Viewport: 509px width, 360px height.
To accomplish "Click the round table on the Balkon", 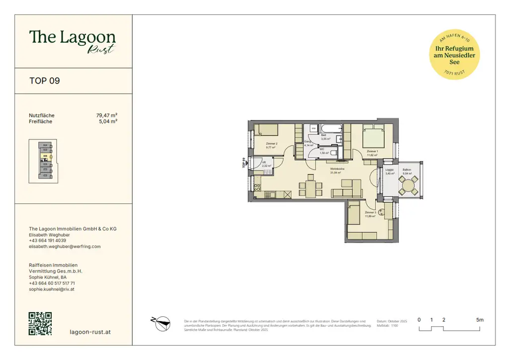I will point(409,186).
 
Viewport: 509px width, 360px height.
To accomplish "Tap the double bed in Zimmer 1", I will point(373,137).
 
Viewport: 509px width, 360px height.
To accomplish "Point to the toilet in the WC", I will point(334,152).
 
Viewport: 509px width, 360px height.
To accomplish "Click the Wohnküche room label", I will point(338,170).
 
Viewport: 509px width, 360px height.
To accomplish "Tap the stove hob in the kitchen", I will point(257,188).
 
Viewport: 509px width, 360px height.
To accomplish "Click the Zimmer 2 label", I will point(271,144).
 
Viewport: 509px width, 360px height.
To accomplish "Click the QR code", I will point(40,324).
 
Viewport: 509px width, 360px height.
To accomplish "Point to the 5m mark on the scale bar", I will point(479,320).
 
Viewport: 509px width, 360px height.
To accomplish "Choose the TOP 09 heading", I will point(45,81).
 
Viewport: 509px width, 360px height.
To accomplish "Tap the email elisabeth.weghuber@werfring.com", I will point(65,246).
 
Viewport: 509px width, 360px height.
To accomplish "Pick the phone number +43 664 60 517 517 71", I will point(52,283).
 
